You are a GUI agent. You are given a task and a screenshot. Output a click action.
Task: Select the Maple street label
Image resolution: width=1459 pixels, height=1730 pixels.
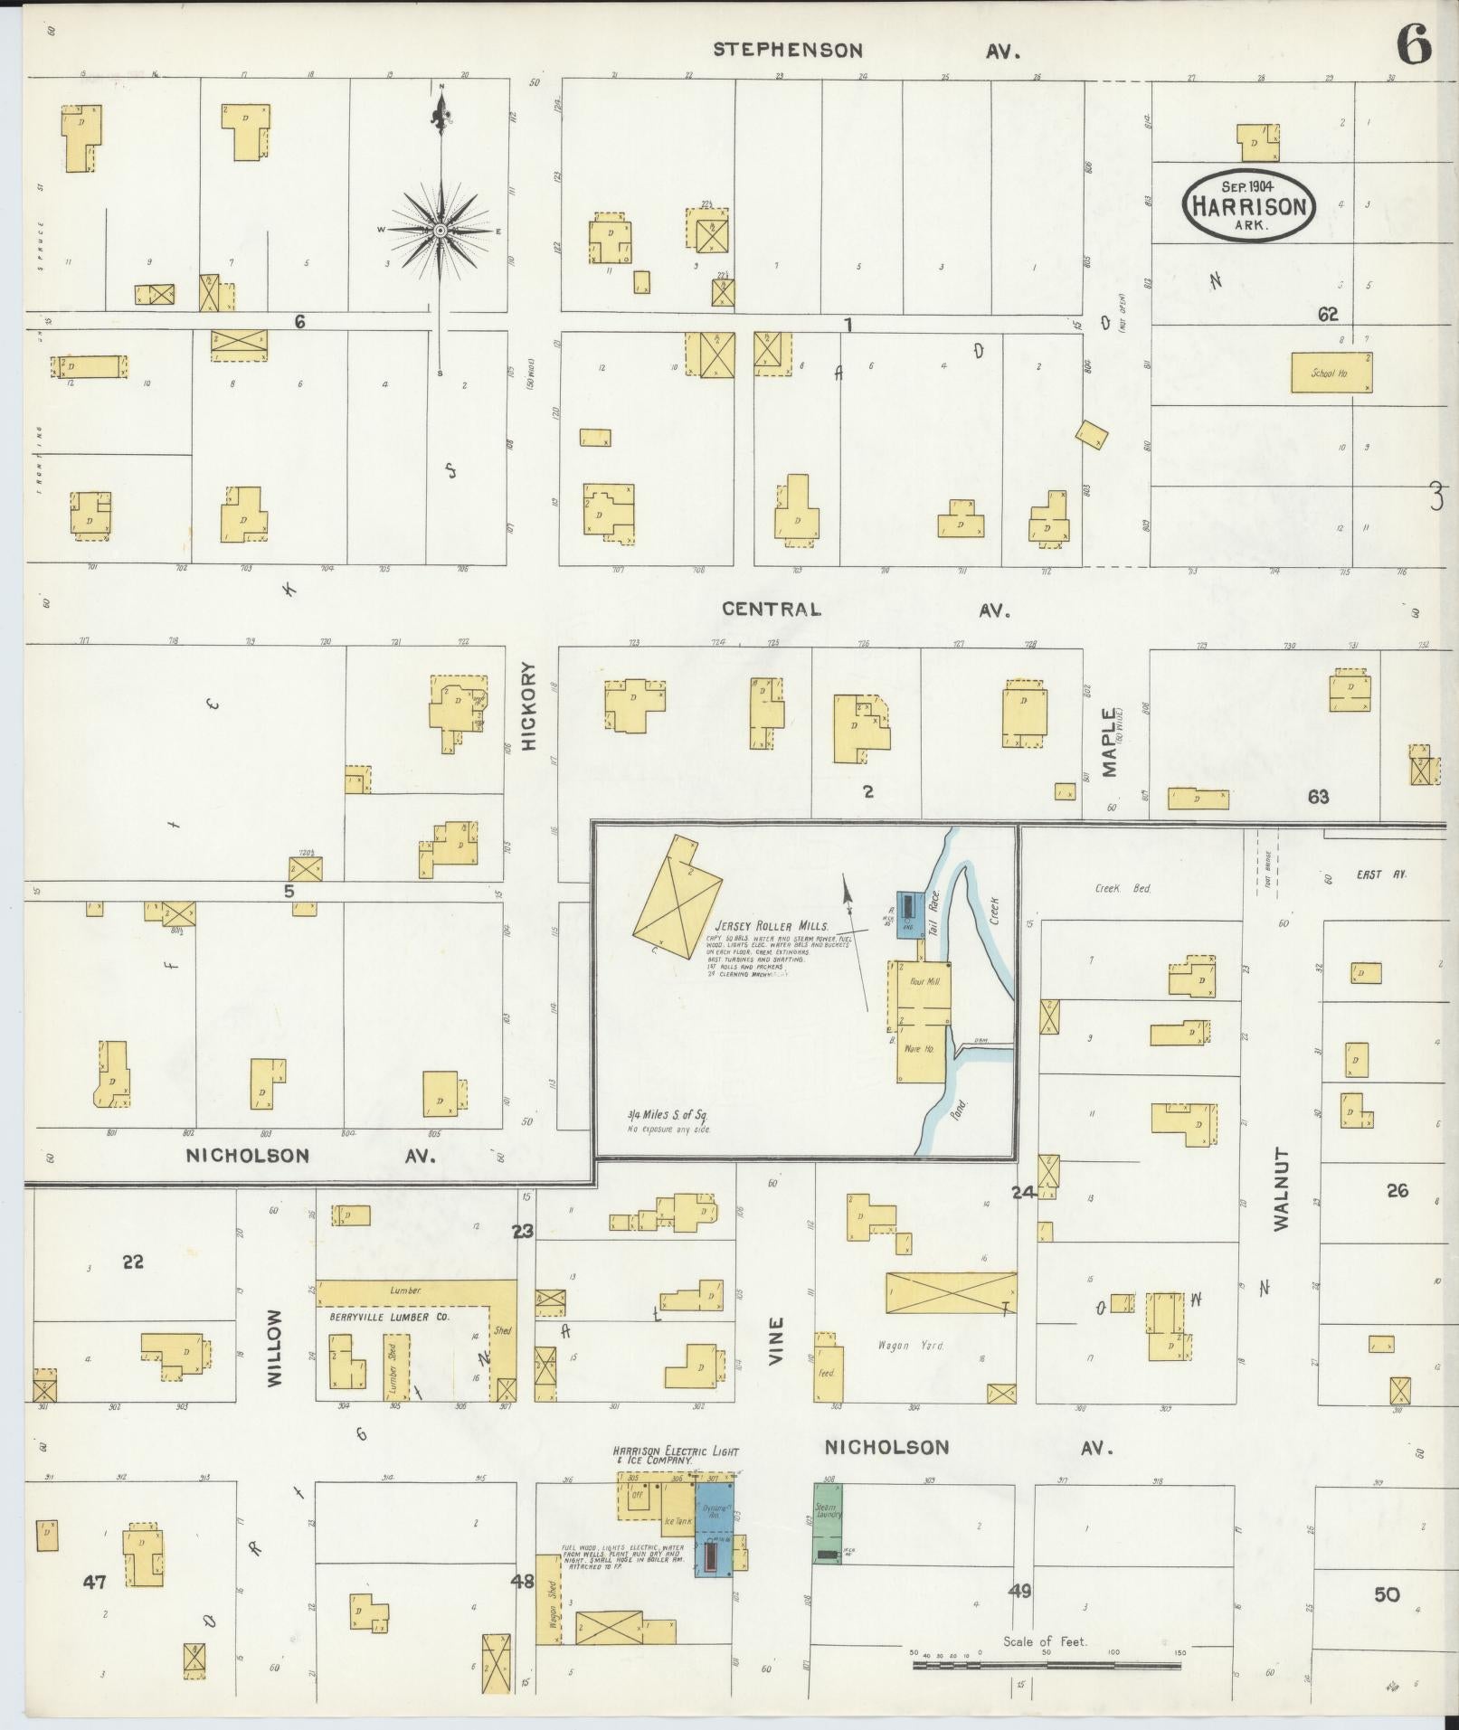(x=1109, y=742)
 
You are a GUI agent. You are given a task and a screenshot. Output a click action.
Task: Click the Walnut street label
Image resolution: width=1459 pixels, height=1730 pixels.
(x=1280, y=1189)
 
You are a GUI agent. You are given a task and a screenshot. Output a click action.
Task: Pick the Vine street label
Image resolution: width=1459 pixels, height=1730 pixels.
(x=776, y=1340)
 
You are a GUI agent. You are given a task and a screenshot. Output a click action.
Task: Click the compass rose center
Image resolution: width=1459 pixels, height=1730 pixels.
(x=441, y=231)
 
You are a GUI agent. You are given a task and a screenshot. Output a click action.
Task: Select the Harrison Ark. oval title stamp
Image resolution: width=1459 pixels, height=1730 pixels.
(x=1247, y=206)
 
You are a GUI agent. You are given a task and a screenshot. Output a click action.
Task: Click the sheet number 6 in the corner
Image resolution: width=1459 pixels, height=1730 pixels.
(x=1415, y=44)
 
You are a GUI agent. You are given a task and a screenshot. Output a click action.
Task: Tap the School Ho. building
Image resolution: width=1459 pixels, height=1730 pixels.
(x=1331, y=373)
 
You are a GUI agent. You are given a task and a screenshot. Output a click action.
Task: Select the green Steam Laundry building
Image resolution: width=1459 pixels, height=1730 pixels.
(x=827, y=1523)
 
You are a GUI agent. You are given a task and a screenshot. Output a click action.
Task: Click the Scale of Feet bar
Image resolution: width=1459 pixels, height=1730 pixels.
(x=1047, y=1664)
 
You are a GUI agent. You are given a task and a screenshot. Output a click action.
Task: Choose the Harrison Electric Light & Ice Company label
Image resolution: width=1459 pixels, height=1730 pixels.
(x=676, y=1455)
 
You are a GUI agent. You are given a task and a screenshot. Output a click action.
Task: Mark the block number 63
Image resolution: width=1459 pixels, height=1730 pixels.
(x=1318, y=796)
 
